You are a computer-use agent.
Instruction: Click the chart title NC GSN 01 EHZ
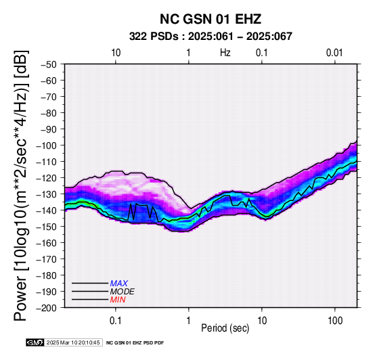[211, 19]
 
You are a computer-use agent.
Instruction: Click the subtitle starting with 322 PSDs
[211, 37]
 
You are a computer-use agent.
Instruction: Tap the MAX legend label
[119, 284]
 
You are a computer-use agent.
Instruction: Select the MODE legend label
[123, 292]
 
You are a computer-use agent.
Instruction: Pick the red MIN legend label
[118, 300]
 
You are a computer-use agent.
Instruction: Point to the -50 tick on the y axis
[49, 64]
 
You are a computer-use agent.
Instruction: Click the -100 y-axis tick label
[47, 145]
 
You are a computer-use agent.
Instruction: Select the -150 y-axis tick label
[47, 227]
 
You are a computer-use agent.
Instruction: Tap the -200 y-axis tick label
[47, 308]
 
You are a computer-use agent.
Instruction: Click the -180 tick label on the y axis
[47, 275]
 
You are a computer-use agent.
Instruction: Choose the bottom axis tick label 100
[335, 321]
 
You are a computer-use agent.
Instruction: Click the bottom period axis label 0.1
[116, 321]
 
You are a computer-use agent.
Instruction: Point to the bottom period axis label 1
[189, 321]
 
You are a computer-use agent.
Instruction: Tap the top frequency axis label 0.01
[334, 53]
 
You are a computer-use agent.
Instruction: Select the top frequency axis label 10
[116, 53]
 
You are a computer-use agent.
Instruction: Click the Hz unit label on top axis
[225, 53]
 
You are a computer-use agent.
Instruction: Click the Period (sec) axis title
[225, 328]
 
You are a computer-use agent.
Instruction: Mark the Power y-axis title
[20, 185]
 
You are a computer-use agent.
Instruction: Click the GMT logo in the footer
[35, 342]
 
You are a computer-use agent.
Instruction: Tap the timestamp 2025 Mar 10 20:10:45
[73, 342]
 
